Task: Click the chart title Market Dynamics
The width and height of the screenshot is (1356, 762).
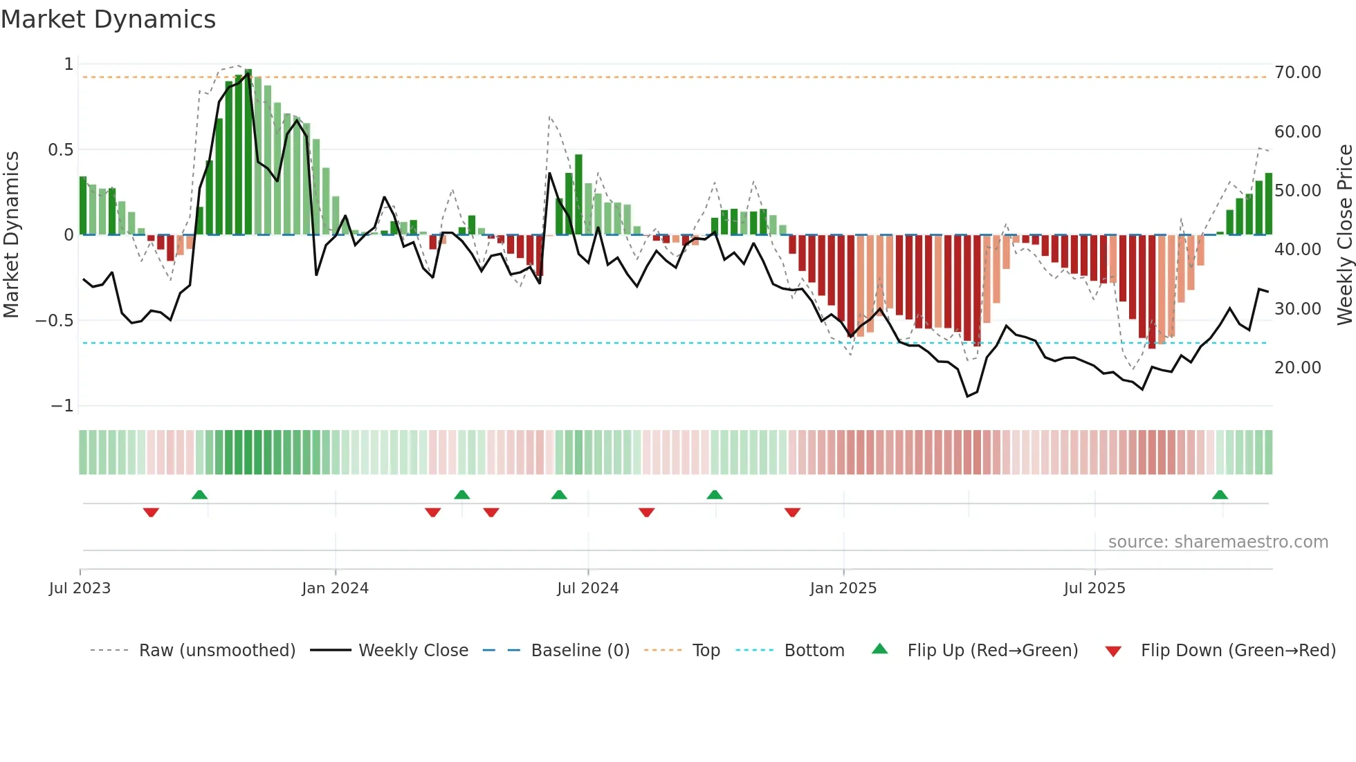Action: click(x=108, y=19)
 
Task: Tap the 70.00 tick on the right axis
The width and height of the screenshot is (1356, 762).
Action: click(x=1297, y=73)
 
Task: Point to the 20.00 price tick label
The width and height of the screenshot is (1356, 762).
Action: click(x=1297, y=368)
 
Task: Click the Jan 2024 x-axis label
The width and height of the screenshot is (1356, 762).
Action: click(x=335, y=588)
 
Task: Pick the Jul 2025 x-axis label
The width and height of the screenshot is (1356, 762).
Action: click(x=1094, y=588)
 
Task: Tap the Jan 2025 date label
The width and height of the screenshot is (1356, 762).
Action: click(x=843, y=588)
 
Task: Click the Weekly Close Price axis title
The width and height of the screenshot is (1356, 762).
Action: click(x=1344, y=235)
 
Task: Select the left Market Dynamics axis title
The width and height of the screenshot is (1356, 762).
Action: click(x=11, y=235)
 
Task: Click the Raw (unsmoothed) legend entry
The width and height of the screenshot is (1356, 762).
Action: click(x=217, y=651)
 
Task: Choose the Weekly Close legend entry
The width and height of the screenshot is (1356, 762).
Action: click(x=413, y=651)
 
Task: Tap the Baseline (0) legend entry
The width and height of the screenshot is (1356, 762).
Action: click(x=580, y=651)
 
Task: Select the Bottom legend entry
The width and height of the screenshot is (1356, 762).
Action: click(x=814, y=651)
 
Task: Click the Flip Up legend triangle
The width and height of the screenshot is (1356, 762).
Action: click(x=879, y=649)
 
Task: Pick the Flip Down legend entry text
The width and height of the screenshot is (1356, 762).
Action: click(x=1238, y=651)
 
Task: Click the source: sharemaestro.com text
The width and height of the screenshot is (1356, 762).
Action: click(x=1218, y=542)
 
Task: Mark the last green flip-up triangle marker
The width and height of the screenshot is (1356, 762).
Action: click(x=1220, y=495)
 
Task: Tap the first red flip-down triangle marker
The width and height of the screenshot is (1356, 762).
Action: click(x=151, y=512)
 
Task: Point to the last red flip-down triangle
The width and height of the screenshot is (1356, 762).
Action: click(x=792, y=512)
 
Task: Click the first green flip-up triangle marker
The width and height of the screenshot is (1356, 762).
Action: click(x=199, y=495)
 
